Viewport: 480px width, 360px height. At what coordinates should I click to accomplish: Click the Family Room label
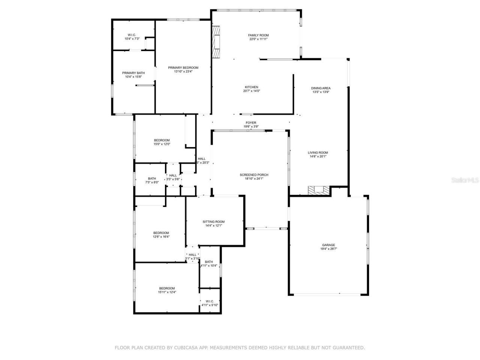pyautogui.click(x=258, y=35)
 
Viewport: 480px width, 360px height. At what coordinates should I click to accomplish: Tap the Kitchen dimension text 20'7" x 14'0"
pyautogui.click(x=251, y=91)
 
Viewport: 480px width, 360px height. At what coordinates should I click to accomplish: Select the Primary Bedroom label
pyautogui.click(x=183, y=67)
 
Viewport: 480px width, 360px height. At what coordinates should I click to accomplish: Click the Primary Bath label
pyautogui.click(x=133, y=73)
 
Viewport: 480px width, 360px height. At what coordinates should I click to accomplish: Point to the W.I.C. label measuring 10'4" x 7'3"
pyautogui.click(x=132, y=35)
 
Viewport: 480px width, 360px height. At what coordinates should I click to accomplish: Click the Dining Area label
pyautogui.click(x=321, y=88)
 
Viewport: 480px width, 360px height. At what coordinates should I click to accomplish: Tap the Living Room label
pyautogui.click(x=318, y=153)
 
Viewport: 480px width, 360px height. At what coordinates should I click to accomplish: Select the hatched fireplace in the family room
pyautogui.click(x=216, y=42)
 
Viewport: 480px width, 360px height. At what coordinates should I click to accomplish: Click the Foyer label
pyautogui.click(x=251, y=123)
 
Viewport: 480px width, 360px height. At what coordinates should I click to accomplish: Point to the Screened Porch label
pyautogui.click(x=254, y=175)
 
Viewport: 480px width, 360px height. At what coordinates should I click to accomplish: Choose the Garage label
pyautogui.click(x=328, y=245)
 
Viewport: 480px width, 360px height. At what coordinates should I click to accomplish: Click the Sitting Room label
pyautogui.click(x=213, y=222)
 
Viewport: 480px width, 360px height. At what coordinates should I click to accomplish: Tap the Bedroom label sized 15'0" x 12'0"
pyautogui.click(x=162, y=140)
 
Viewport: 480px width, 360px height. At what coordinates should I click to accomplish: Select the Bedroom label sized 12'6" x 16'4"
pyautogui.click(x=161, y=233)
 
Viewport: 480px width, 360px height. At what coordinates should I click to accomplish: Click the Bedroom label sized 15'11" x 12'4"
pyautogui.click(x=167, y=288)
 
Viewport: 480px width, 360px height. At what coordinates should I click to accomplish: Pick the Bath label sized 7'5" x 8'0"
pyautogui.click(x=152, y=178)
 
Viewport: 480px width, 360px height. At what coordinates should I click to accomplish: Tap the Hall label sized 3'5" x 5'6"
pyautogui.click(x=173, y=175)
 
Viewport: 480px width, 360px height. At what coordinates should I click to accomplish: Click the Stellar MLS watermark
pyautogui.click(x=465, y=180)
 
